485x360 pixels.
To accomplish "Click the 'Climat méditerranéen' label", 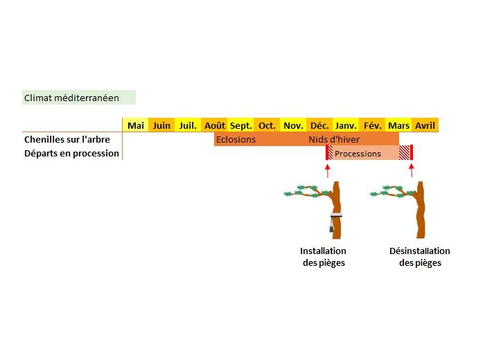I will (x=71, y=98).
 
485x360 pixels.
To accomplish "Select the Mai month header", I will (x=136, y=125).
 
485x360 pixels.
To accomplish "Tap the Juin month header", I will (x=161, y=125).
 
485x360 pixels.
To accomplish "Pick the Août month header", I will (x=215, y=125).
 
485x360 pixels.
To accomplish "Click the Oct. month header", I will (x=267, y=125).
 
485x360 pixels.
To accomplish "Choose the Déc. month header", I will (x=319, y=125).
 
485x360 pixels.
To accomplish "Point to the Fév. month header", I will (x=373, y=125).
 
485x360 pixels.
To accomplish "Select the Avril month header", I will (x=425, y=125).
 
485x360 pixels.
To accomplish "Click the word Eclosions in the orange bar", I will (x=236, y=139).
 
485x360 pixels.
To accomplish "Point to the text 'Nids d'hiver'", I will (x=334, y=139).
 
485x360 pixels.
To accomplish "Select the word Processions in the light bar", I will (x=358, y=154).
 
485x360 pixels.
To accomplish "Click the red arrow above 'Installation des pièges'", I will (x=327, y=170).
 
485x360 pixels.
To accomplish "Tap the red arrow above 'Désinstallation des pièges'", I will (x=412, y=170).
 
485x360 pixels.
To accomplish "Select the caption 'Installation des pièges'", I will (x=323, y=257).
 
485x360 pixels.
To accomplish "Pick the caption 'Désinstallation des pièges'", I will (x=420, y=257).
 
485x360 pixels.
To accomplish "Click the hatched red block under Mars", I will (x=404, y=153).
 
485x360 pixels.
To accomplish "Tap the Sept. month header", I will (x=241, y=125).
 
